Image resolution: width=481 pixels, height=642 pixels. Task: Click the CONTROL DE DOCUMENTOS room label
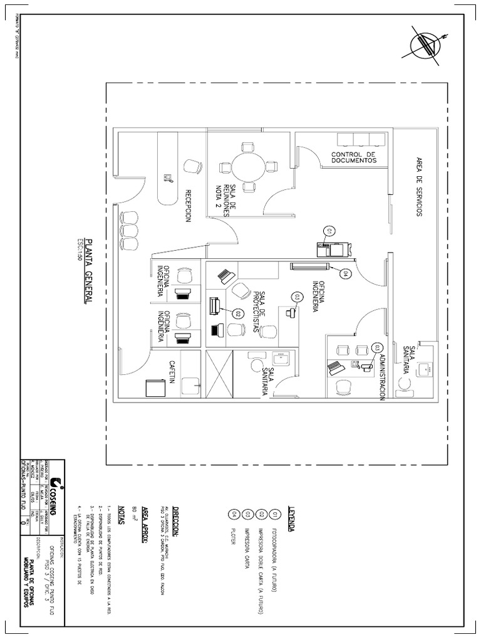(354, 157)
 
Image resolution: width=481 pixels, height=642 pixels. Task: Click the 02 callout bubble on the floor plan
(238, 312)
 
